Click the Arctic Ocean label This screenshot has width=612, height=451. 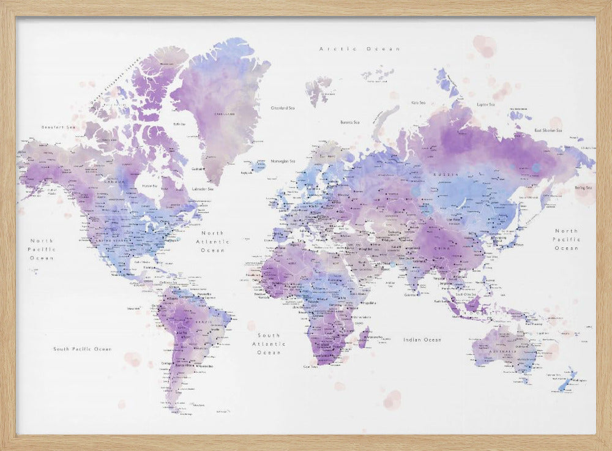coord(360,49)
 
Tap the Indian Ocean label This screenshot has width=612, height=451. coord(422,340)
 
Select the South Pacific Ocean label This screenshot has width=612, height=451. coord(82,349)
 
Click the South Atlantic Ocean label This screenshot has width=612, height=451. coord(269,344)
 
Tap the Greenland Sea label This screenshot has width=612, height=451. coord(283,108)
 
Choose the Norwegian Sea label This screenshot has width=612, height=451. coord(283,162)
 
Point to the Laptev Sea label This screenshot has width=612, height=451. coord(488,96)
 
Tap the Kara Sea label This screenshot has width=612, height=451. coord(419,103)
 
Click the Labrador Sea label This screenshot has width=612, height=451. coord(202,189)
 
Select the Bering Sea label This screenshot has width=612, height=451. coord(583,188)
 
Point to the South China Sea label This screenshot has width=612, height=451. coord(463,294)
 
